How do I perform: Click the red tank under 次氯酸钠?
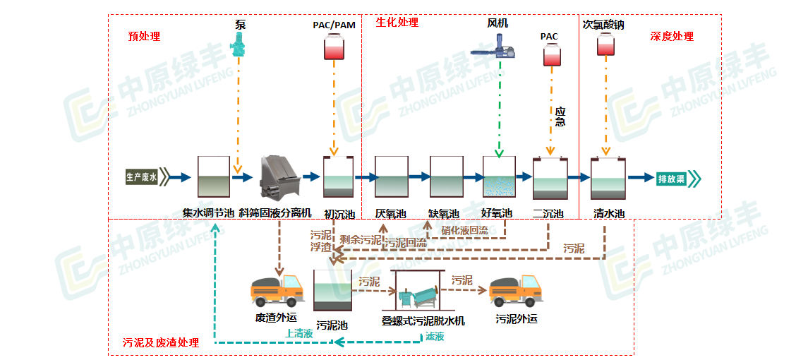605,45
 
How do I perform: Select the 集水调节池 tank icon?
214,177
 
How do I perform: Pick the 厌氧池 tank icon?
392,177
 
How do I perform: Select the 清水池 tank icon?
608,177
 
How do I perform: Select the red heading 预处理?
144,37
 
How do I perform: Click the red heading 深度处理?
672,37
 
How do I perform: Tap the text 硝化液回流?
464,230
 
